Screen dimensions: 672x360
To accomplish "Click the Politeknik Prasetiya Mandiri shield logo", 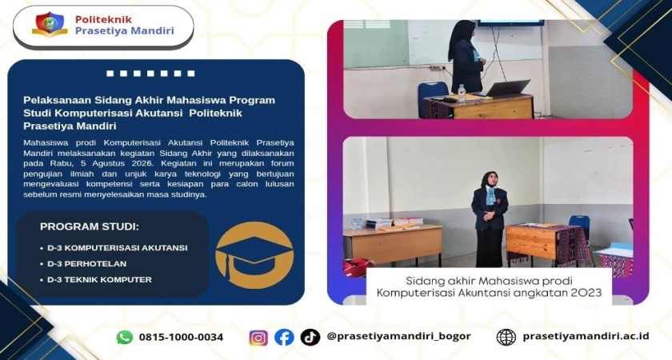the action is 50,25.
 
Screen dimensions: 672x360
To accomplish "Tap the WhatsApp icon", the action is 125,338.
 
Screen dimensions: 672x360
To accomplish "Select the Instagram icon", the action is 258,338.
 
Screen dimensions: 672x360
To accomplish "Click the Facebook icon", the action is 284,338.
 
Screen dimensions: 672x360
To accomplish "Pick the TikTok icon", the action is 310,338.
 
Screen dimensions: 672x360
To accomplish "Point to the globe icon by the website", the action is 506,338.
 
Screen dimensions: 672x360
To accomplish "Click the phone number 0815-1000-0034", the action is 182,338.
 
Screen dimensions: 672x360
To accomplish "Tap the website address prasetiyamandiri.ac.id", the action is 586,337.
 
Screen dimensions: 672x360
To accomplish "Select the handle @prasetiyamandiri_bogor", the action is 398,337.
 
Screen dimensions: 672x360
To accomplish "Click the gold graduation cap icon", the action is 254,255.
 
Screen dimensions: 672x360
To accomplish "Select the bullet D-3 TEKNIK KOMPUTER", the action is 96,279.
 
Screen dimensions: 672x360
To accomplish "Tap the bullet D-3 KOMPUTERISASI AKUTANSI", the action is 114,248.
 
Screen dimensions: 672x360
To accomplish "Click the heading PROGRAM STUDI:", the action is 90,226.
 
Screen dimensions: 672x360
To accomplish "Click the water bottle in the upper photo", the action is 461,94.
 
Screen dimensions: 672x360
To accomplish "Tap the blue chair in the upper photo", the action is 432,98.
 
